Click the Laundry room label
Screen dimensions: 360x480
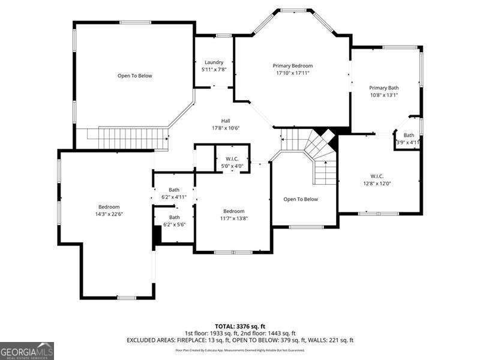pos(214,62)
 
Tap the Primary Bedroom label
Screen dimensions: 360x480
pos(293,65)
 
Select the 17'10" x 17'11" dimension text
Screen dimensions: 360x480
pos(293,73)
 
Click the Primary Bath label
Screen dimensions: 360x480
pos(383,88)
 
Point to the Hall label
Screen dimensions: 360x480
pos(226,121)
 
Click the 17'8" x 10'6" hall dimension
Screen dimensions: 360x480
pos(226,128)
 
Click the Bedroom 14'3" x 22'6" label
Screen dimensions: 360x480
pos(109,210)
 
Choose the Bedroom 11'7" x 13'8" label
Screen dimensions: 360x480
pos(234,214)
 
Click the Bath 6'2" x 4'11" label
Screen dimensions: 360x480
pos(174,193)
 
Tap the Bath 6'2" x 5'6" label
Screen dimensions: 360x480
pos(174,220)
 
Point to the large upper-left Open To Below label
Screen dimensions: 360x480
pos(134,76)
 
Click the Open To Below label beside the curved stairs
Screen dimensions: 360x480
pos(301,199)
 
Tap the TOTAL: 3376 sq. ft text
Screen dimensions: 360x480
pos(240,326)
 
